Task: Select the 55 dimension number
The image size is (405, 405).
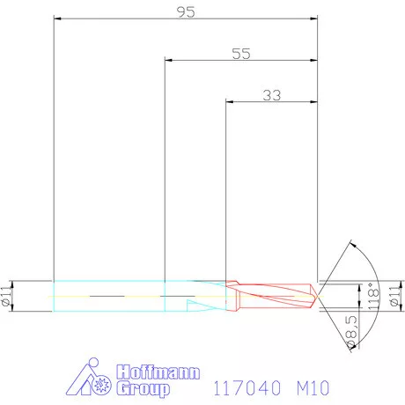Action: [x=241, y=53]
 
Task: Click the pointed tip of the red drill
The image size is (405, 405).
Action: [x=319, y=291]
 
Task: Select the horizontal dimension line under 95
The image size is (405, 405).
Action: [x=185, y=18]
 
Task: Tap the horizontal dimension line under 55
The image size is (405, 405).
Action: [x=241, y=61]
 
